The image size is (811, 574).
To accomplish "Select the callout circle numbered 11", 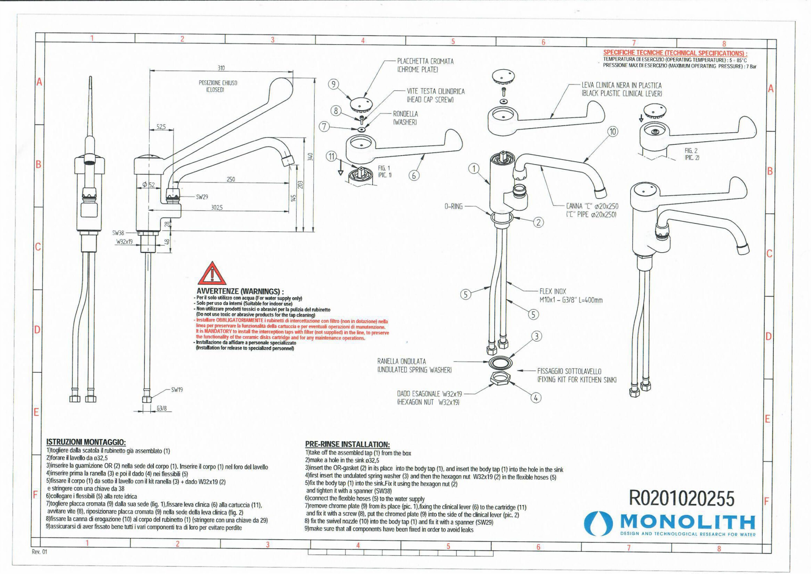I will [x=331, y=156].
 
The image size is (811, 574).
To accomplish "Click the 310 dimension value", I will [x=221, y=68].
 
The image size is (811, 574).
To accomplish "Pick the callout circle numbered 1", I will [x=474, y=169].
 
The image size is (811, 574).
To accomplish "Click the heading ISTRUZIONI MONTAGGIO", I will [x=86, y=442].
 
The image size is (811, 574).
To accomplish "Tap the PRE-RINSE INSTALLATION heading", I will [x=347, y=444].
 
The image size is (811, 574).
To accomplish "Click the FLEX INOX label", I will [x=553, y=292].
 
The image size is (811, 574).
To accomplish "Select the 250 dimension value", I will [x=230, y=179].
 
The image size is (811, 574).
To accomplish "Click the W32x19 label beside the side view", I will [x=124, y=242].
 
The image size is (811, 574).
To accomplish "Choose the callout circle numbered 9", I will [x=333, y=84].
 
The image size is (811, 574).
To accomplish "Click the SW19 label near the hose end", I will [x=177, y=390].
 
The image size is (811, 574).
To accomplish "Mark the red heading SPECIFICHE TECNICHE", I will [x=675, y=53].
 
